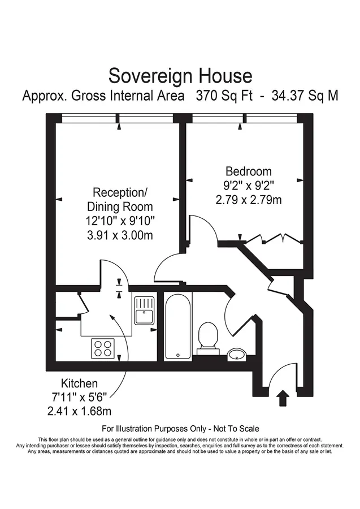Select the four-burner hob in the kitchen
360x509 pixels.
103,348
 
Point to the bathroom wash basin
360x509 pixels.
237,355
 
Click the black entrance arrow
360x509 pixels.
283,398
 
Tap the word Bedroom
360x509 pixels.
249,171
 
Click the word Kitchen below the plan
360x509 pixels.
80,383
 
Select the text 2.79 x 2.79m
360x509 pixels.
249,200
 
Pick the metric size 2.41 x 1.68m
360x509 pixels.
79,411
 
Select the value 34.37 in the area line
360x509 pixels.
286,96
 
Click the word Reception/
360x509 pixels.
120,192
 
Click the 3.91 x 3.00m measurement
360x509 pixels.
120,235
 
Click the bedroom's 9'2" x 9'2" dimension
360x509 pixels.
249,186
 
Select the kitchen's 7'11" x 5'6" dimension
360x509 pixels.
79,397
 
